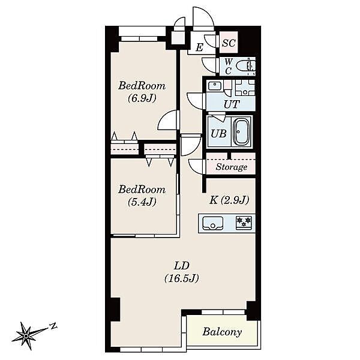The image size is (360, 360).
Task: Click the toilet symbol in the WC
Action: [245, 67]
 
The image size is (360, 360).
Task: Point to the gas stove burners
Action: [244, 223]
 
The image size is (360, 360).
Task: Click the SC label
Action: [229, 43]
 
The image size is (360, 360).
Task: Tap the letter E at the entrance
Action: [200, 47]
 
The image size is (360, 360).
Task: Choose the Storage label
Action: [231, 167]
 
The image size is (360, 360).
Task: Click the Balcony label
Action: [222, 332]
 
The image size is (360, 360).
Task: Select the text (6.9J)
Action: [142, 98]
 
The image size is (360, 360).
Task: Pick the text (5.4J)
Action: [142, 202]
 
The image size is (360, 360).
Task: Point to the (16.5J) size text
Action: [181, 278]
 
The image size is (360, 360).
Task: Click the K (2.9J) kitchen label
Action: [229, 200]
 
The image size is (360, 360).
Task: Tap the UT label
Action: [232, 104]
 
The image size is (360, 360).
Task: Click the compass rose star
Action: [26, 337]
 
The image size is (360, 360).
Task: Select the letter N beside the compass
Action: [53, 326]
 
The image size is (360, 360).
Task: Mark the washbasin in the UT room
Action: [214, 86]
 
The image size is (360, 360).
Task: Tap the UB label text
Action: [218, 134]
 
